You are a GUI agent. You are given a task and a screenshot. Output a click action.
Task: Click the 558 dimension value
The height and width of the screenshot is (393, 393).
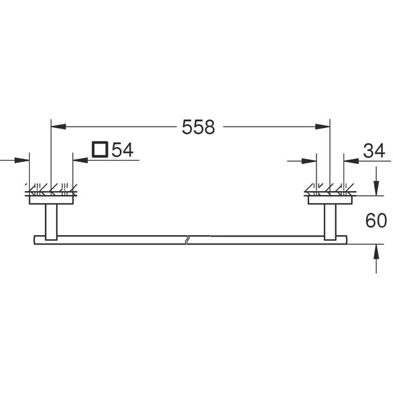tap(199, 127)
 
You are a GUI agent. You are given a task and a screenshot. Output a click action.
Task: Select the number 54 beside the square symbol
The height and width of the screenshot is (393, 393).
tap(123, 150)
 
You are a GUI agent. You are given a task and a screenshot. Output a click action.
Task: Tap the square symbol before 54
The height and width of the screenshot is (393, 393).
tap(100, 150)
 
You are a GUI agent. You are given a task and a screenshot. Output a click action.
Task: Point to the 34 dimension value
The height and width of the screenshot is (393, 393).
tap(374, 151)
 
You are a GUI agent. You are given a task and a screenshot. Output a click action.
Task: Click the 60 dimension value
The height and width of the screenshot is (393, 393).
tap(376, 221)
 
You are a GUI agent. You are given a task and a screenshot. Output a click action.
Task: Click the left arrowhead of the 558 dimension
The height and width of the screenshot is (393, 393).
tap(58, 127)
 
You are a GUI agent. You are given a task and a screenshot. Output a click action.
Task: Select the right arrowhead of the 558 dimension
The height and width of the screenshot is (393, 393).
tap(323, 127)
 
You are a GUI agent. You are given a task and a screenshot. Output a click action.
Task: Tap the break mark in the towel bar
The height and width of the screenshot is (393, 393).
tap(187, 240)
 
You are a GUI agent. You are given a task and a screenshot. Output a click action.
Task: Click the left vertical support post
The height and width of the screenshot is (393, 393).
tap(51, 222)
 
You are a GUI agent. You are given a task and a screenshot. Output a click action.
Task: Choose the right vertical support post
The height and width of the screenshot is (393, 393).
tap(330, 222)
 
